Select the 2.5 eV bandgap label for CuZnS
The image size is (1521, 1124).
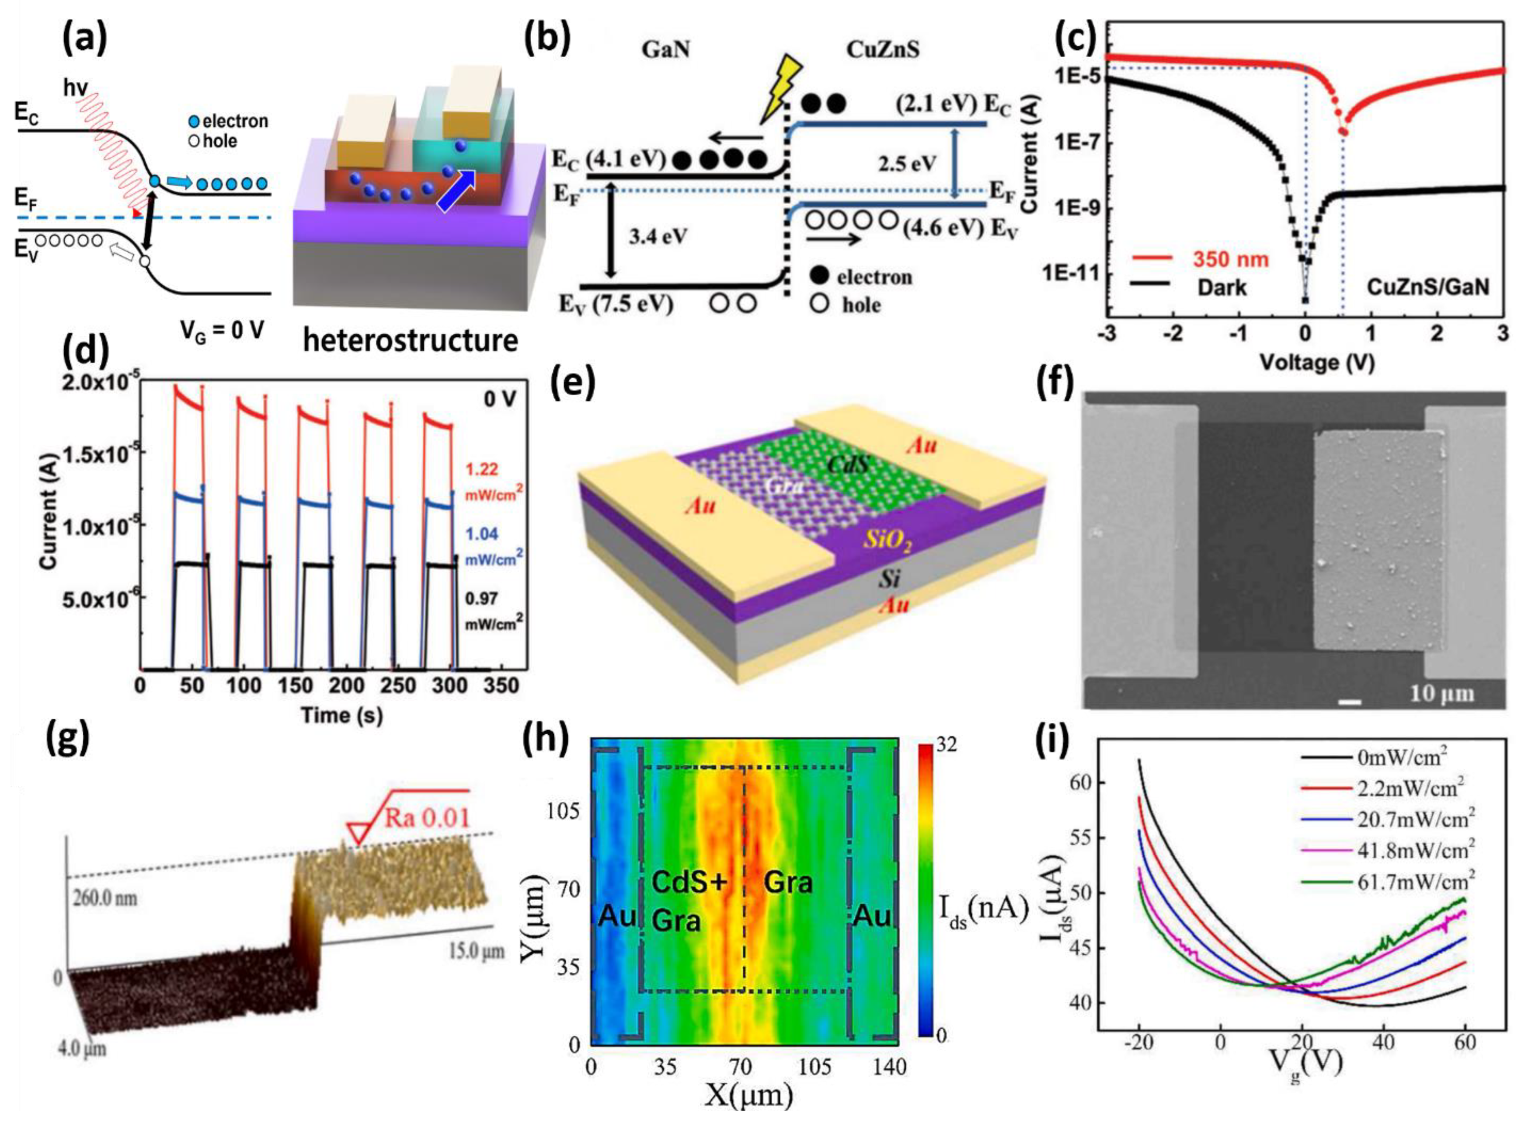point(905,163)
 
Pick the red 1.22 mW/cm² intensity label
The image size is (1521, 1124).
point(482,469)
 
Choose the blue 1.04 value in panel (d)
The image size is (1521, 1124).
point(482,534)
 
